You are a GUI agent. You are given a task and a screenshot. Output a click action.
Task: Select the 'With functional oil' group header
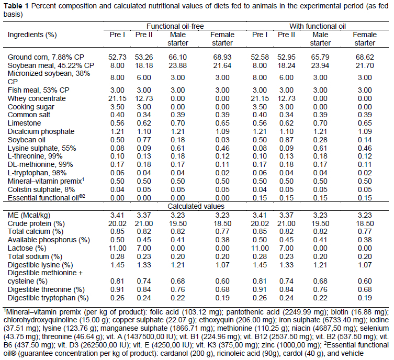tap(321, 26)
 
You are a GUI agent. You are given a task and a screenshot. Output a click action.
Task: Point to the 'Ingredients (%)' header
tap(32, 34)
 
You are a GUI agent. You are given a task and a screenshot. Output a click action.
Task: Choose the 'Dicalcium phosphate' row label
tap(37, 131)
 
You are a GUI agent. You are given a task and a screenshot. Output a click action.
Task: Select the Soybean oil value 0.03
tap(222, 139)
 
